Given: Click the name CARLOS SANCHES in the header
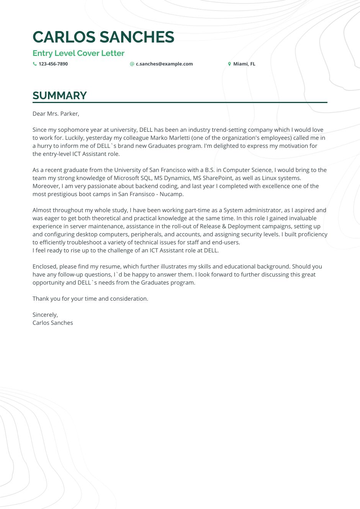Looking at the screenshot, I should pyautogui.click(x=103, y=37).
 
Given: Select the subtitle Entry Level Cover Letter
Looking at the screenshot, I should pyautogui.click(x=79, y=53).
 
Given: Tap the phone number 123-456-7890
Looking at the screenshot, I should pyautogui.click(x=53, y=64).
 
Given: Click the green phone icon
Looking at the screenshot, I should pyautogui.click(x=35, y=64).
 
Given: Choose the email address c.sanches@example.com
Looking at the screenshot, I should pyautogui.click(x=164, y=64).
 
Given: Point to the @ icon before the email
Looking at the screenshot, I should pyautogui.click(x=132, y=64).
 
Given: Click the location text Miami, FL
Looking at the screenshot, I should pyautogui.click(x=244, y=64).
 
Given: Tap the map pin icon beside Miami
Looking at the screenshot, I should pyautogui.click(x=229, y=64).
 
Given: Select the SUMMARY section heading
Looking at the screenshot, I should pyautogui.click(x=60, y=95).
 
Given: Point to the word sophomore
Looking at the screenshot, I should pyautogui.click(x=73, y=130).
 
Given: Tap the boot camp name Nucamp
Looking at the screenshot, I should pyautogui.click(x=172, y=194).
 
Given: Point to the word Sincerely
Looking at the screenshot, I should pyautogui.click(x=45, y=315).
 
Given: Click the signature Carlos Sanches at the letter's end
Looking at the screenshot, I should pyautogui.click(x=52, y=323).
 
